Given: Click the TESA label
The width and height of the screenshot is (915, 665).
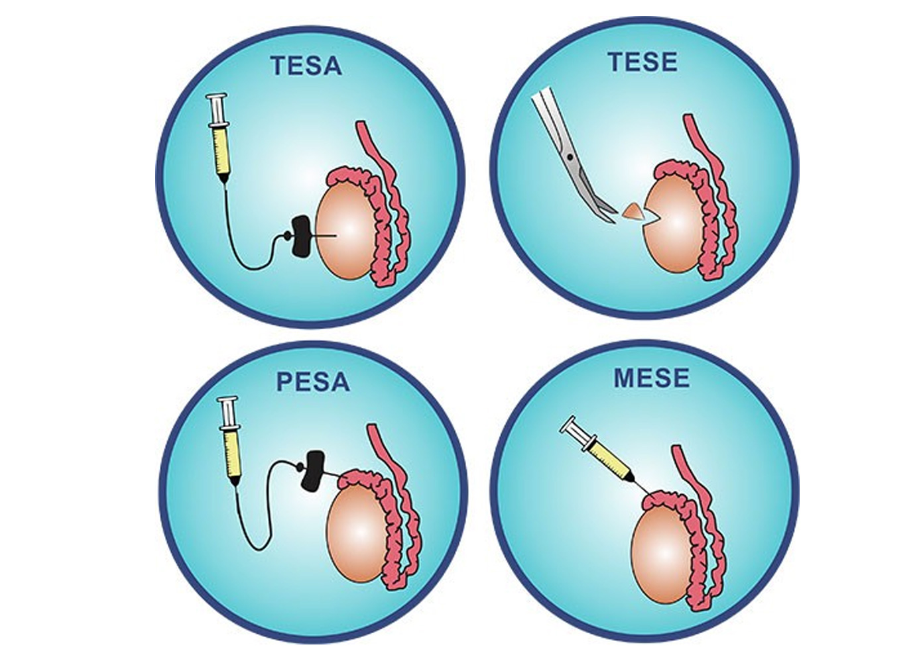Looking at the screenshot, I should (306, 66).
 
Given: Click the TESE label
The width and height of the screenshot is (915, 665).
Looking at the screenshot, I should (642, 62).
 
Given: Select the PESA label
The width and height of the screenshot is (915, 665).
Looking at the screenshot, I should (312, 383).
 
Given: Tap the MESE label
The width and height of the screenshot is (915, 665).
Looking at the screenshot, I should (652, 378).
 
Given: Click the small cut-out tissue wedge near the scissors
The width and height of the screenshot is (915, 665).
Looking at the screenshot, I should (633, 212).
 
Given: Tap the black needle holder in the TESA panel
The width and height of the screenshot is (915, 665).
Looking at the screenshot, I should (301, 235).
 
